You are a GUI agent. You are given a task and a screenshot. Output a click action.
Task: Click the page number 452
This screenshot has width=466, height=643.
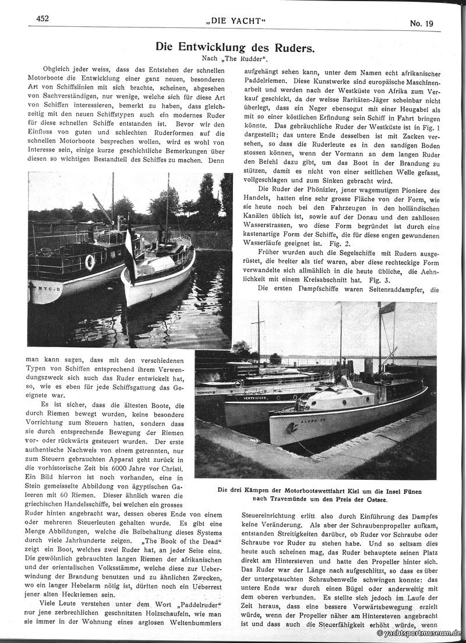pos(42,19)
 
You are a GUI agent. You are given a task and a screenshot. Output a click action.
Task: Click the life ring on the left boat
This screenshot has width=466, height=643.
pos(90,262)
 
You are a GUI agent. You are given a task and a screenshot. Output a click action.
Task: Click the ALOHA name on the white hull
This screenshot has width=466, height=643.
pos(311,421)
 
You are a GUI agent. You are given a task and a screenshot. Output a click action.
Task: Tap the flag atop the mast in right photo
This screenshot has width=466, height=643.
pos(388,308)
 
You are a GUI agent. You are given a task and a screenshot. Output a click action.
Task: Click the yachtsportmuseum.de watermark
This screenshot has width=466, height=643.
pos(419,633)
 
